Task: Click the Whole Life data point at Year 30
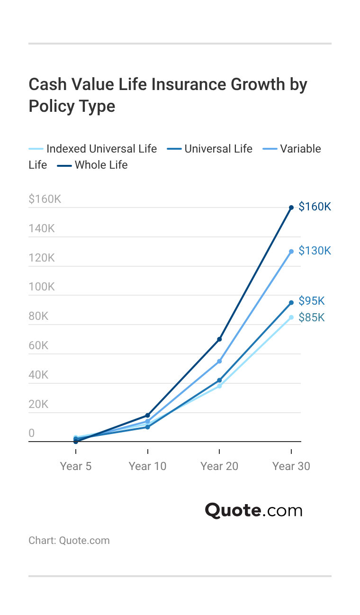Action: [291, 208]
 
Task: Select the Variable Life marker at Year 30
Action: [291, 252]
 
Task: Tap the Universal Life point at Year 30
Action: [291, 303]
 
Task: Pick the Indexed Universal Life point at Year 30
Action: [291, 317]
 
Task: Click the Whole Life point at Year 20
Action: [219, 339]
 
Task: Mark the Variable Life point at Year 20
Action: [219, 362]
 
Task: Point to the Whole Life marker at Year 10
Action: [147, 416]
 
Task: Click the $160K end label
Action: [315, 207]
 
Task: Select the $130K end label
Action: [315, 251]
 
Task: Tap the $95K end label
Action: [312, 301]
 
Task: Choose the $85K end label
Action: [312, 318]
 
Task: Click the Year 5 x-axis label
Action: [76, 466]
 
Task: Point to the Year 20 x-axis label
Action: [219, 466]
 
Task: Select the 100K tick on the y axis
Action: [42, 287]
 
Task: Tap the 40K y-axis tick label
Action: [38, 375]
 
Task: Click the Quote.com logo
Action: [253, 511]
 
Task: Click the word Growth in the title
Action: [258, 84]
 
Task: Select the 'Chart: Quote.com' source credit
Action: [69, 541]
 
